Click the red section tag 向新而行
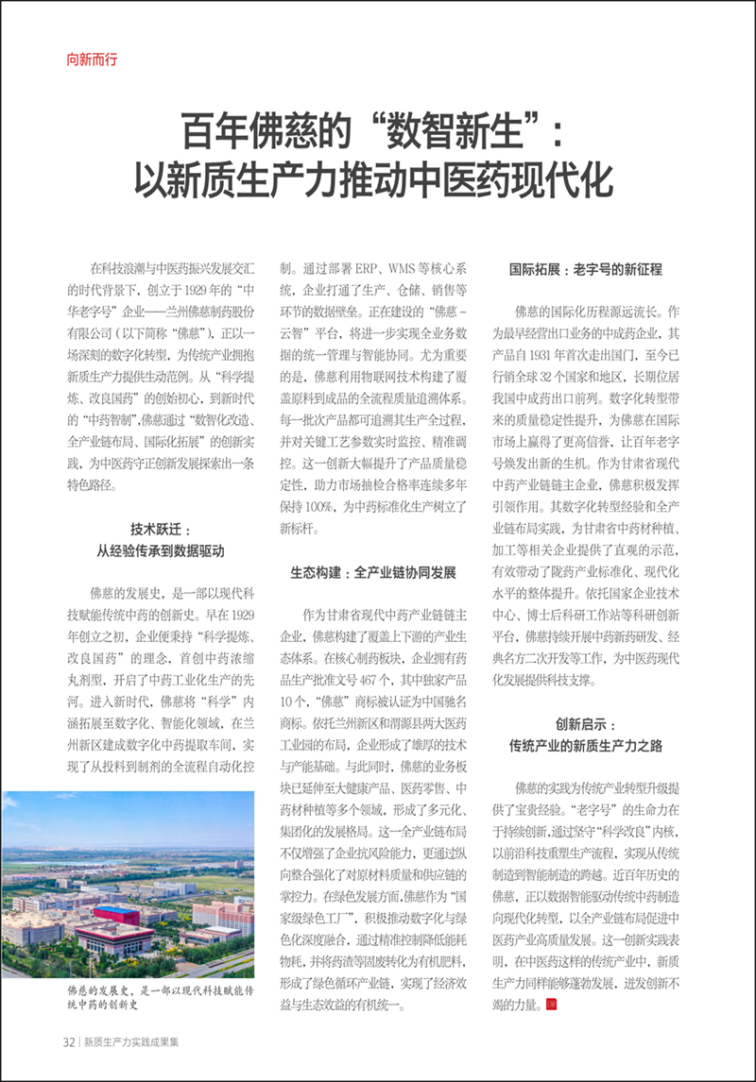tap(93, 59)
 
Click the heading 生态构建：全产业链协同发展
tap(372, 572)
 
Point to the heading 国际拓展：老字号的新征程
tap(586, 269)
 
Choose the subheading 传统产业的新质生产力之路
tap(586, 745)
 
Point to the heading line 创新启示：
tap(585, 724)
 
